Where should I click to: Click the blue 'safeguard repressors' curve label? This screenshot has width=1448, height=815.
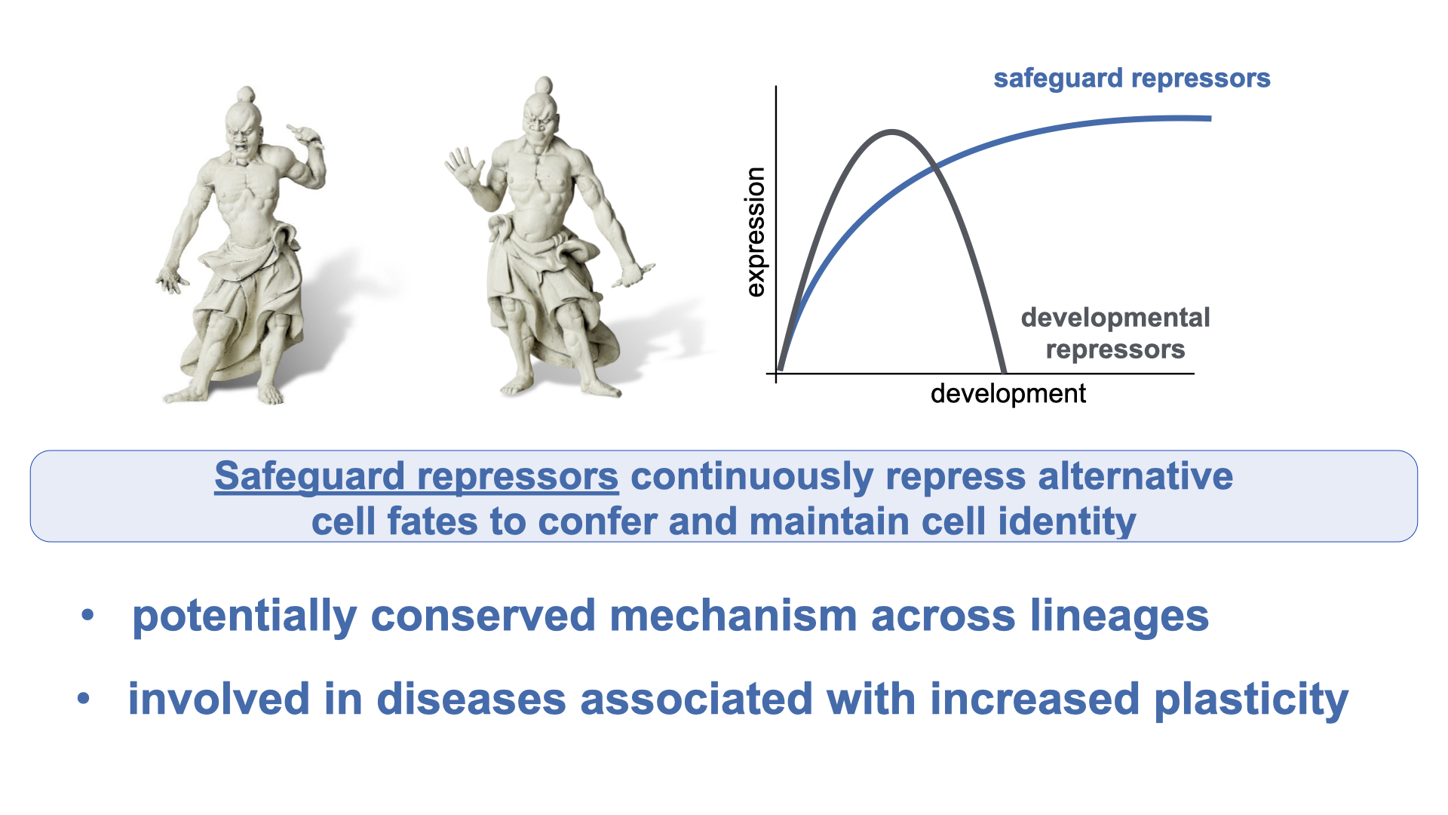[x=1132, y=78]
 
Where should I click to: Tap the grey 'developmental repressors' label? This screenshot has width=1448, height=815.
[x=1115, y=334]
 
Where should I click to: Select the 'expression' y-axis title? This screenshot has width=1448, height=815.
[x=755, y=232]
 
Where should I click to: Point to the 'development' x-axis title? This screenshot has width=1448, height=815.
[x=1008, y=393]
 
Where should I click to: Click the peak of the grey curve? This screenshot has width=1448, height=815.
[x=892, y=133]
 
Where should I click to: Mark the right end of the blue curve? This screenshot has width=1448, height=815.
[x=1209, y=118]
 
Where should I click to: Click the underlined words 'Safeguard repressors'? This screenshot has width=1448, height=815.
[x=416, y=476]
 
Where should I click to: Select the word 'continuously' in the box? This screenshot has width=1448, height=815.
[x=752, y=478]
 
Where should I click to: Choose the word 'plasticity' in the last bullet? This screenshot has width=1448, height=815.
[x=1251, y=700]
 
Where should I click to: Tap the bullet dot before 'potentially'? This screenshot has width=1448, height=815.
[x=88, y=615]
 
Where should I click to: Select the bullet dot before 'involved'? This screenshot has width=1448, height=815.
[x=84, y=699]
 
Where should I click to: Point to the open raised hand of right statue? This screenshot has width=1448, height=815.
[x=462, y=167]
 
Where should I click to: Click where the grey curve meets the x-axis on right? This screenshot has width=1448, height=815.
[x=1003, y=372]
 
